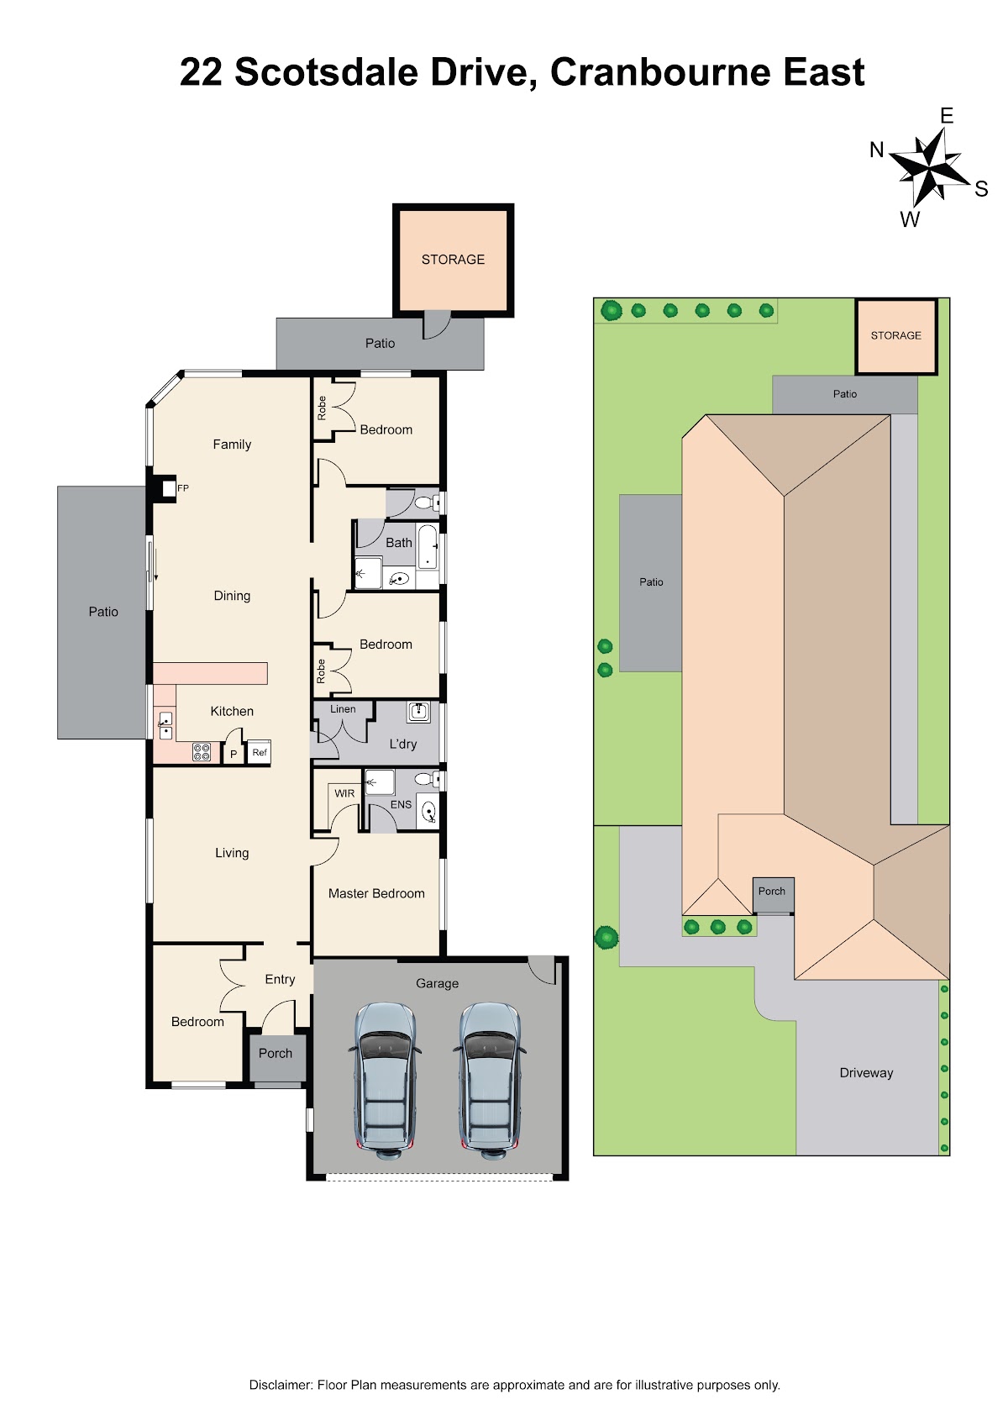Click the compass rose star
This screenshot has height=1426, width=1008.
[x=930, y=166]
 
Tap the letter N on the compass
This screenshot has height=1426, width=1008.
[x=877, y=150]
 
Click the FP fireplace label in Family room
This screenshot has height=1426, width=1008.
[x=182, y=488]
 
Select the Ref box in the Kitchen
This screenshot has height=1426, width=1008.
[x=259, y=752]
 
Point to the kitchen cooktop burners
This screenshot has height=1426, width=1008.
[x=202, y=752]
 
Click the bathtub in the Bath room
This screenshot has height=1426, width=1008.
[x=428, y=546]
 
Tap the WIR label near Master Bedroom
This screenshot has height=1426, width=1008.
[x=344, y=793]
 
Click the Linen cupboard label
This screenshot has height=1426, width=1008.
[x=343, y=708]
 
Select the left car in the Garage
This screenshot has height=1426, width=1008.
[x=385, y=1081]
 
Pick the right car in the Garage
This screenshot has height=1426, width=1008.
[x=490, y=1081]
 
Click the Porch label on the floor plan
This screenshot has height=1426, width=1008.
[x=275, y=1053]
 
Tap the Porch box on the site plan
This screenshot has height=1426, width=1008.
[x=773, y=895]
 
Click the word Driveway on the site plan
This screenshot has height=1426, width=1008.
[x=866, y=1073]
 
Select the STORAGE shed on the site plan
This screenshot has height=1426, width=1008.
[x=896, y=335]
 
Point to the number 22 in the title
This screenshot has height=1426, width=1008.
[x=201, y=72]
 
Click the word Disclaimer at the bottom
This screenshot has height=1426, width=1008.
[x=281, y=1385]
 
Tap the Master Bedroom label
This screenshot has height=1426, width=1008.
[x=376, y=893]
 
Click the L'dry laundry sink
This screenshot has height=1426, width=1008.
[x=418, y=712]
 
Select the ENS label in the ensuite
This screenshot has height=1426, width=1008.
[x=401, y=805]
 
